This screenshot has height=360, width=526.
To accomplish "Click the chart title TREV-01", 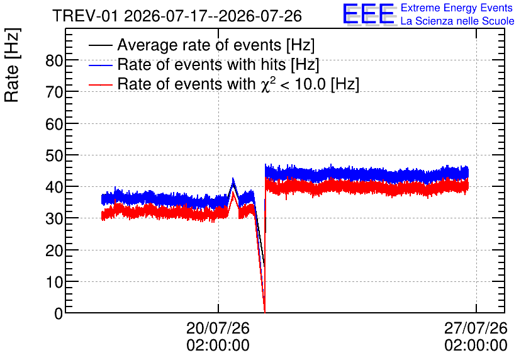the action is coord(85,16).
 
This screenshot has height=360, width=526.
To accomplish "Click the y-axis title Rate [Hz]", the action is coord(12,65).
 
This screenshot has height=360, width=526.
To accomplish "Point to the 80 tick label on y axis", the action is coord(54,61).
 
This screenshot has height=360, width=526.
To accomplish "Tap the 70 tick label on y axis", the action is coord(54,93).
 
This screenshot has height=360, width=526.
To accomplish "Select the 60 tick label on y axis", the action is coord(54,125).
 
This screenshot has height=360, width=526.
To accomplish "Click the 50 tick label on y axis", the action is coord(54,156).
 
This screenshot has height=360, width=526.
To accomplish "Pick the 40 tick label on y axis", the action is coord(54,188).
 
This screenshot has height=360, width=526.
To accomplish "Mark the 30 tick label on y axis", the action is coord(54,219).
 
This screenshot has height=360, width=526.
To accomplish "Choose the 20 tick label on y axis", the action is coord(54,250).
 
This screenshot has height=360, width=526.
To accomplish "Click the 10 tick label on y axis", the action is coord(54,283).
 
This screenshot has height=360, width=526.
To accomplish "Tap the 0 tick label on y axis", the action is coord(59,313).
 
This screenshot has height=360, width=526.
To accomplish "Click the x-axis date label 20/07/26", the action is coord(218,328).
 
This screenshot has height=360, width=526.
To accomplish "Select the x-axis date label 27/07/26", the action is coord(476,328).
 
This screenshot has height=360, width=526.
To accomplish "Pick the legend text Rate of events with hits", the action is coord(201,64).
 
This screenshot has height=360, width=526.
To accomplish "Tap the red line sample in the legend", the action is coord(101,84).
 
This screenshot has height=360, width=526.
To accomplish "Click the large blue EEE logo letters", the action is coord(369,14).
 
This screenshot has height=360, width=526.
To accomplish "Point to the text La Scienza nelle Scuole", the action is coord(457,21).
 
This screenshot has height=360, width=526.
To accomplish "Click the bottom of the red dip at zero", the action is coord(265,312).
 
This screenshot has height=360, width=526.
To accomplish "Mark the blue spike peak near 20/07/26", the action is coord(233,179).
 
